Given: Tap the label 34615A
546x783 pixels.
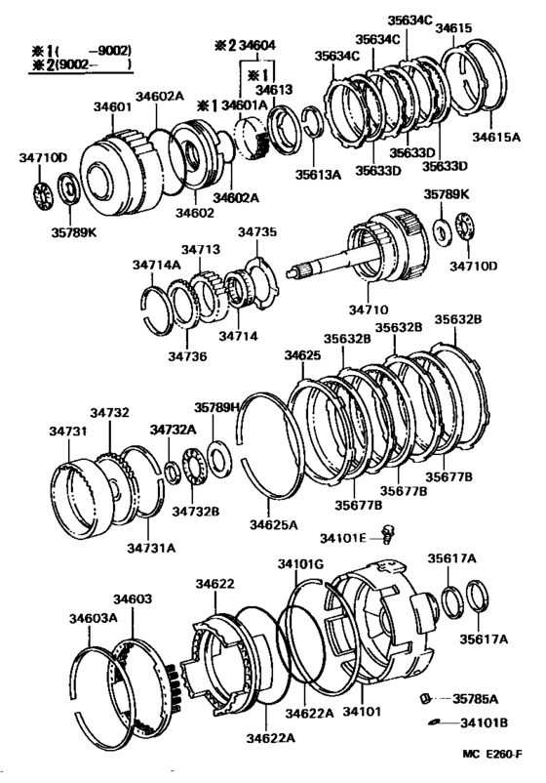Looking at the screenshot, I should (x=496, y=137).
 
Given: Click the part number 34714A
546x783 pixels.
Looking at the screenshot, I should (x=157, y=264).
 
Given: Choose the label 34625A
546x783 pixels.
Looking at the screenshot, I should (x=273, y=525).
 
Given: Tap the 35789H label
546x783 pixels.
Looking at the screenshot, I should (x=216, y=408).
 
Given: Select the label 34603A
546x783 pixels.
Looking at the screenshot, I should (x=93, y=617).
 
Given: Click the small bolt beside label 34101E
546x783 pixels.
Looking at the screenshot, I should (x=388, y=533).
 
